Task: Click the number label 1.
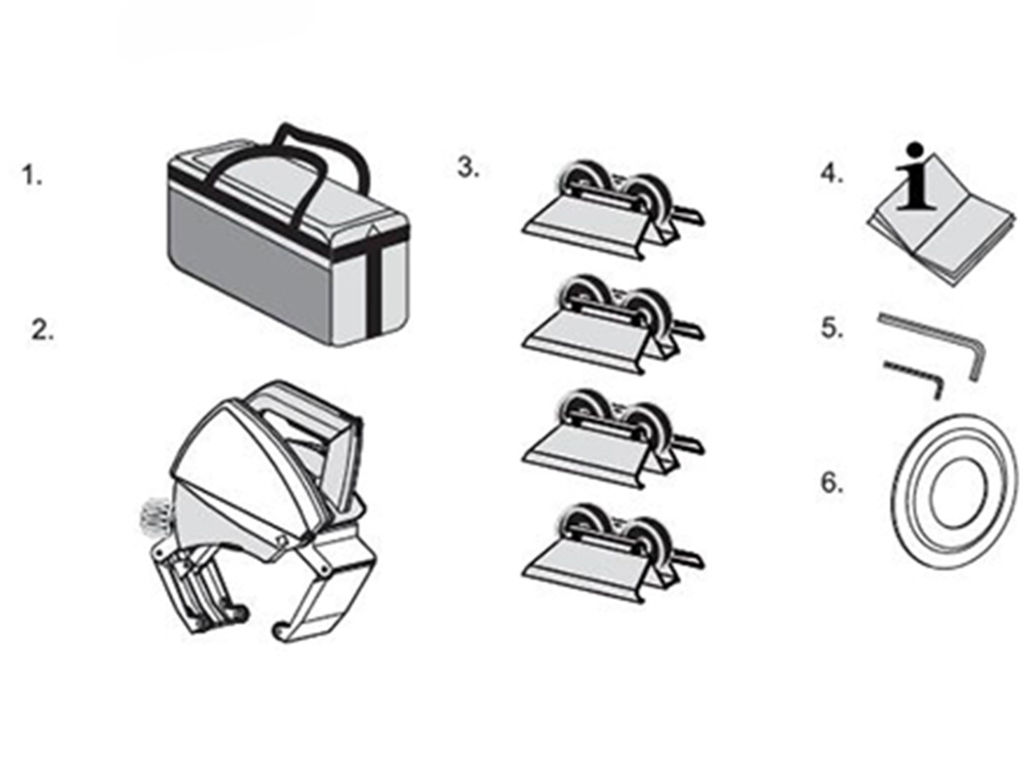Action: click(31, 176)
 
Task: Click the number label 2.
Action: click(42, 331)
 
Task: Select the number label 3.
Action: click(468, 167)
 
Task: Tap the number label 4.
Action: click(831, 174)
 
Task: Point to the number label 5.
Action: click(832, 330)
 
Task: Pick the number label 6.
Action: click(832, 483)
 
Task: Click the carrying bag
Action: click(280, 254)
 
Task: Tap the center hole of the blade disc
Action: click(959, 492)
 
